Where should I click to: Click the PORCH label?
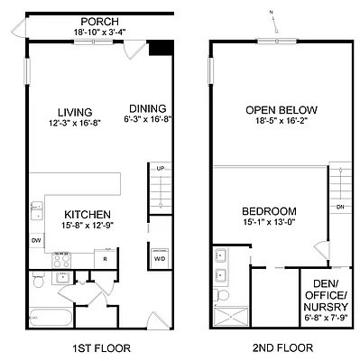[99, 21]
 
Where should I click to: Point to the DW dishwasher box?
[36, 241]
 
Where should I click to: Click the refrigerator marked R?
[106, 258]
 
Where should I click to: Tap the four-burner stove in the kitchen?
[62, 258]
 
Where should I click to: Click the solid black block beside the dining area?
[161, 51]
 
